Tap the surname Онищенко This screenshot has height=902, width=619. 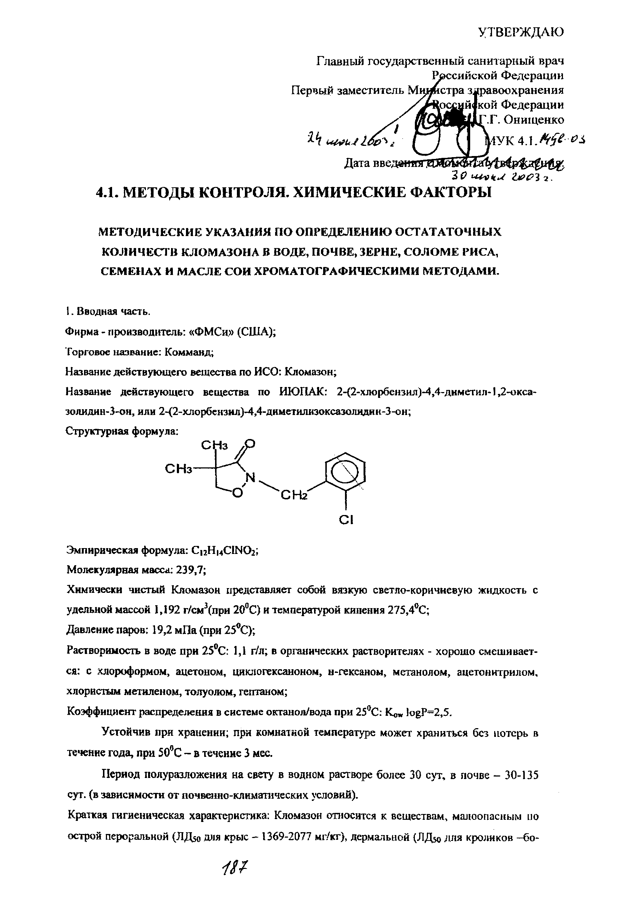click(534, 120)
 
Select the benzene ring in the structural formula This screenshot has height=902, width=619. click(345, 473)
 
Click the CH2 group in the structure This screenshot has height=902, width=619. click(294, 496)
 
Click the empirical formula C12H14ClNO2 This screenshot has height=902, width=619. click(223, 550)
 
